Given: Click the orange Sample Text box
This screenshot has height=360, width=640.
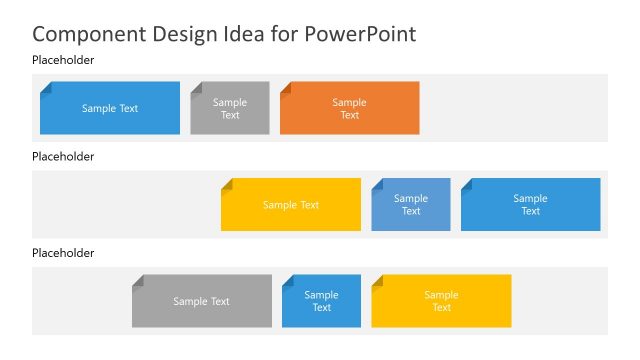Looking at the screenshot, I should pyautogui.click(x=350, y=108).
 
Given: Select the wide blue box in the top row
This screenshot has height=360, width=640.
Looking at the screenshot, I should pyautogui.click(x=110, y=108).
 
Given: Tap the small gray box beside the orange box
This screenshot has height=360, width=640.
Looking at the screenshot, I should pyautogui.click(x=230, y=108).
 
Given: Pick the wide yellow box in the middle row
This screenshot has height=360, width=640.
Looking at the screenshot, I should pyautogui.click(x=291, y=205).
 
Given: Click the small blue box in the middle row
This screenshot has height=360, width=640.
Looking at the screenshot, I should pyautogui.click(x=411, y=205).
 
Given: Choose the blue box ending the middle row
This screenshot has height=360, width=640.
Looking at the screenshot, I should pyautogui.click(x=531, y=205).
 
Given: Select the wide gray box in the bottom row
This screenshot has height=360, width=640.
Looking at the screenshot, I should pyautogui.click(x=202, y=301).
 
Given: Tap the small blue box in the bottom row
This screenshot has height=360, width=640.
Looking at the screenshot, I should pyautogui.click(x=322, y=301).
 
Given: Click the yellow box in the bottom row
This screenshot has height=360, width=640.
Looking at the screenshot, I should pyautogui.click(x=441, y=301).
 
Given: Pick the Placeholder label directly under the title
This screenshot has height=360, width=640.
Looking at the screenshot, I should pyautogui.click(x=63, y=61).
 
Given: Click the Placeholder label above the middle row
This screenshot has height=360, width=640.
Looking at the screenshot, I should pyautogui.click(x=63, y=157).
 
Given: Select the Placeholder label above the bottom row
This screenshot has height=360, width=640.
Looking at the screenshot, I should pyautogui.click(x=63, y=253).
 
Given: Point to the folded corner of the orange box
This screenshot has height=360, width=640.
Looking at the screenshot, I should pyautogui.click(x=285, y=87).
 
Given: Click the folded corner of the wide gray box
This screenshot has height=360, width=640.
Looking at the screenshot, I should pyautogui.click(x=137, y=280).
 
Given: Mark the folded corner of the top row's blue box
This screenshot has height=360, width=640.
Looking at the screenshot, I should pyautogui.click(x=45, y=87).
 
